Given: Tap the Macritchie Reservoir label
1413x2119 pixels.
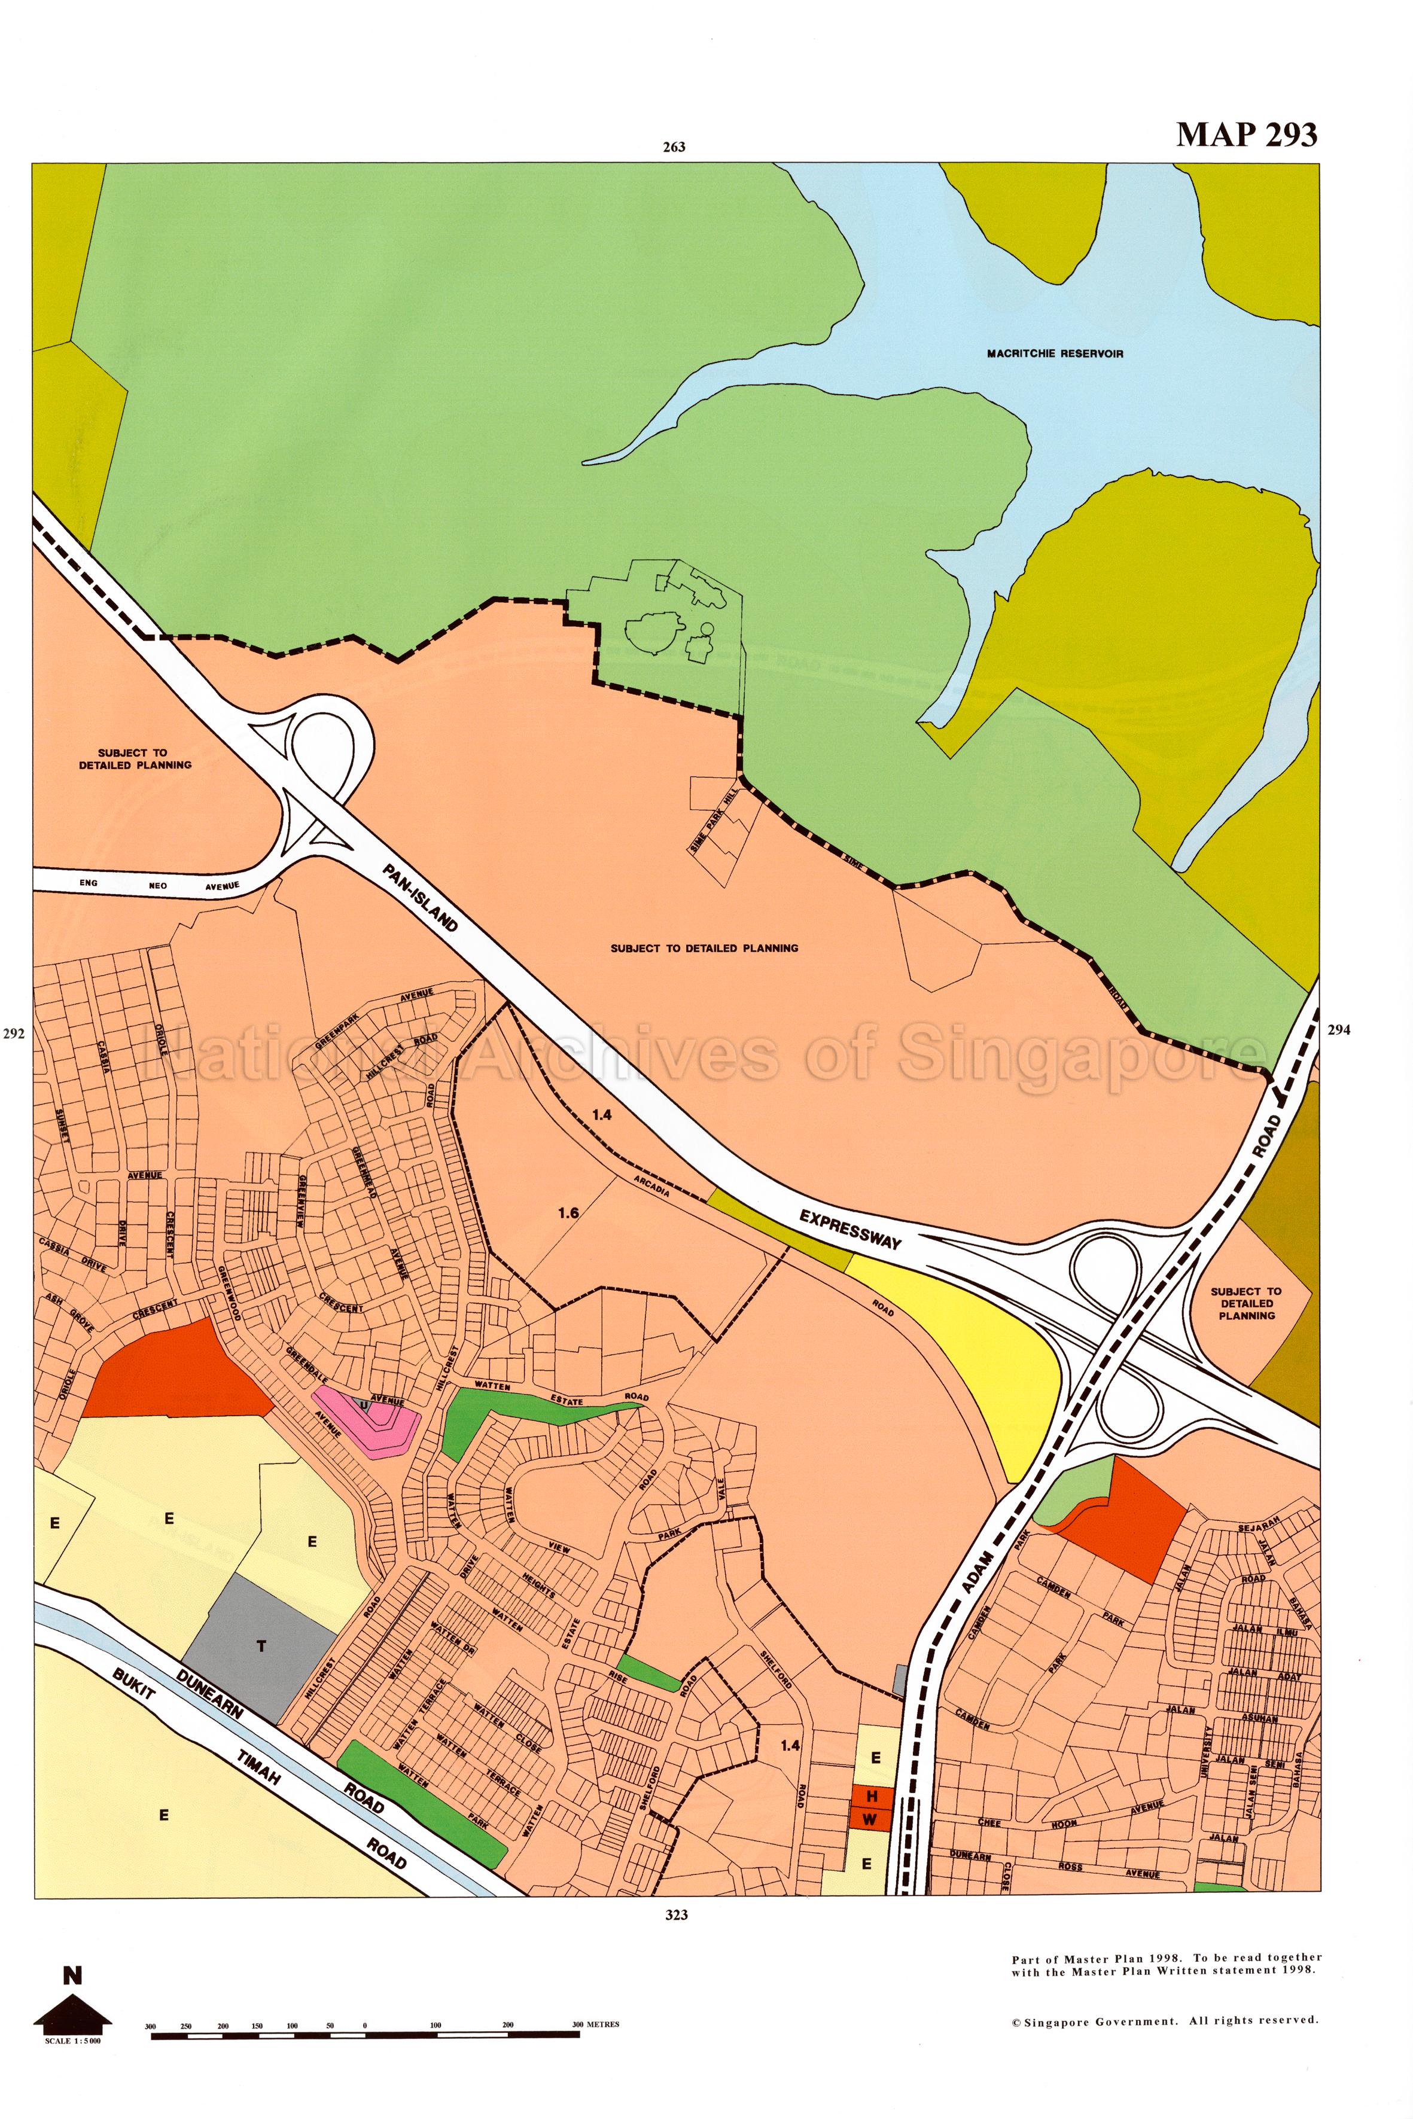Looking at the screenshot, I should [1054, 354].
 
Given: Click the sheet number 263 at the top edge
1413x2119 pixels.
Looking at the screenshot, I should [674, 147].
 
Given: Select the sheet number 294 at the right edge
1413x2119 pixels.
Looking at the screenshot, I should [1339, 1030].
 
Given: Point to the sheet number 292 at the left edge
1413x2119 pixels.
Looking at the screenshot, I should [14, 1034].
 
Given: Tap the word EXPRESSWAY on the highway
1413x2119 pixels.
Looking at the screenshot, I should [850, 1229].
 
